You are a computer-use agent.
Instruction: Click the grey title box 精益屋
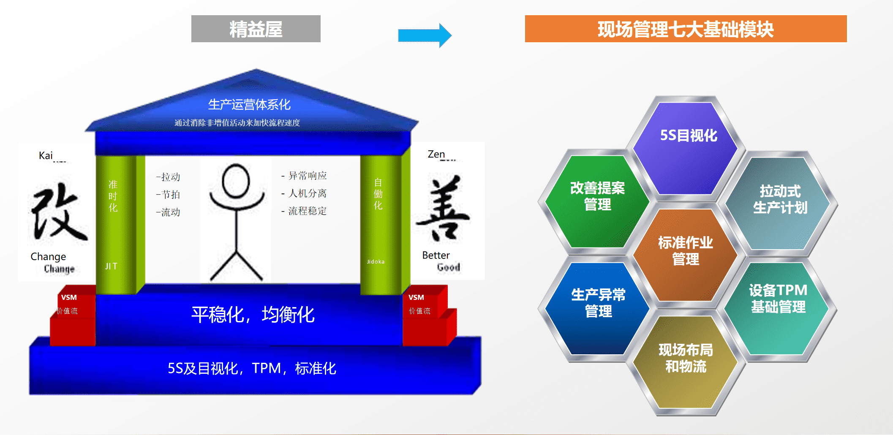click(256, 29)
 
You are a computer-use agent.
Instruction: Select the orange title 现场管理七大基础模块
click(686, 29)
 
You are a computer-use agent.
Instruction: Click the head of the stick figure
click(236, 181)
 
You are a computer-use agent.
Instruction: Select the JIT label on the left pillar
click(111, 266)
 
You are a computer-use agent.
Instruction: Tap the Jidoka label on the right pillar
click(376, 262)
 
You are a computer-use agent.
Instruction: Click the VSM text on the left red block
click(69, 297)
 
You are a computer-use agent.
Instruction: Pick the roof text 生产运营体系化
click(249, 104)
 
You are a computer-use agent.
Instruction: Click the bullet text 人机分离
click(307, 193)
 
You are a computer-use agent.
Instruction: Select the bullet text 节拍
click(170, 195)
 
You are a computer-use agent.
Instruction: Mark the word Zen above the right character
click(436, 154)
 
